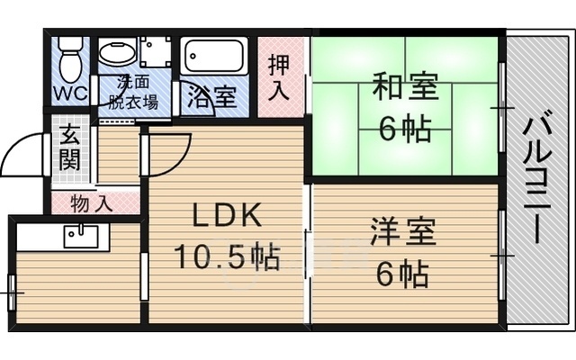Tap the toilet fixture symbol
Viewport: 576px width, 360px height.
69,58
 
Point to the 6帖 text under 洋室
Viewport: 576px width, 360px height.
402,272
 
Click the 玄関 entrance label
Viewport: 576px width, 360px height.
68,148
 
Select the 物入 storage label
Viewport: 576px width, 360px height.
94,203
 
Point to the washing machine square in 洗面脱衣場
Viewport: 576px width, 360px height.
155,50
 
